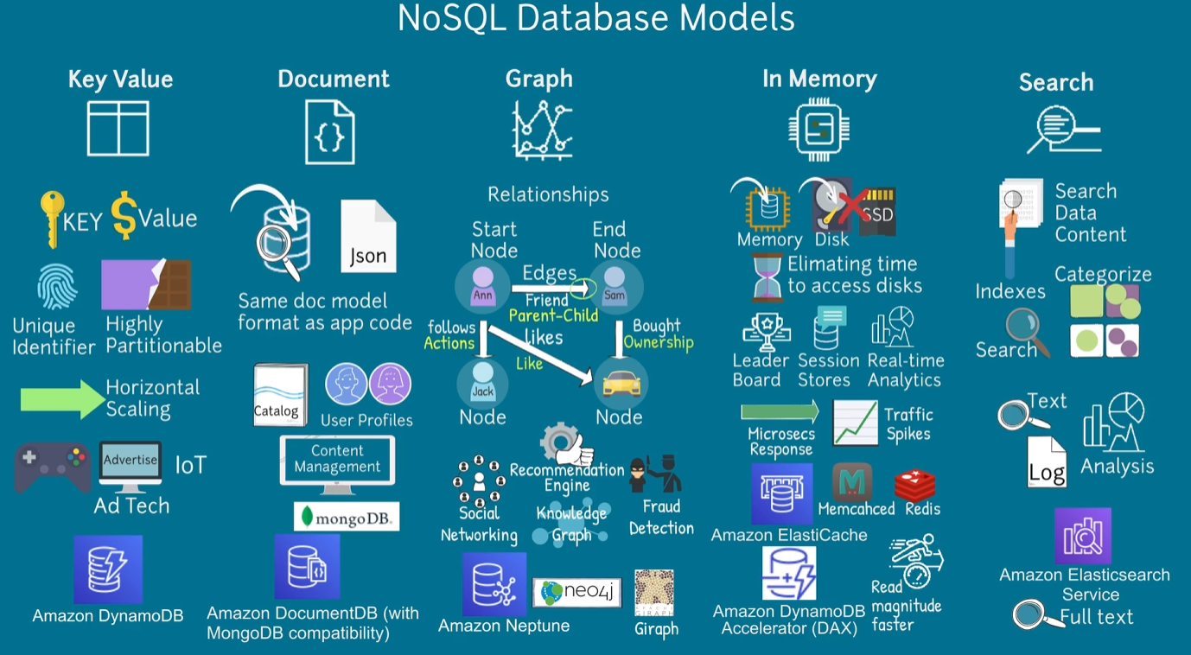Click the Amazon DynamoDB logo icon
[108, 569]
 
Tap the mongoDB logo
[347, 517]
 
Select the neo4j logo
[576, 593]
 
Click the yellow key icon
[51, 219]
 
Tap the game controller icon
[52, 467]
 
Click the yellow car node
[620, 384]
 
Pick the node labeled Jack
[482, 384]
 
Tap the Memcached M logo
[852, 482]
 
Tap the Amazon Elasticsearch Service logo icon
[1083, 536]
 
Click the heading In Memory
[819, 79]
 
